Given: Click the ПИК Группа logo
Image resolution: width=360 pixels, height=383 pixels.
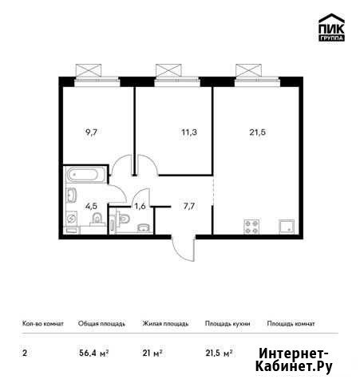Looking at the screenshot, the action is click(x=331, y=27).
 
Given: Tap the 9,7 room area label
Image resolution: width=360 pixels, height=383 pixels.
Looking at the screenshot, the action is click(x=91, y=132).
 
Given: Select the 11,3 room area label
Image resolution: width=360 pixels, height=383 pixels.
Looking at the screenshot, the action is click(x=189, y=132).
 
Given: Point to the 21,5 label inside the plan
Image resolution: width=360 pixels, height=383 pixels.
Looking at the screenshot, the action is click(x=257, y=132).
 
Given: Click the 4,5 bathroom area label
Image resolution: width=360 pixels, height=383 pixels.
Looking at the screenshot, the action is click(x=91, y=206).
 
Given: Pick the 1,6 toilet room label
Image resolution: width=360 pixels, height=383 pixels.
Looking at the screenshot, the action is click(x=140, y=206).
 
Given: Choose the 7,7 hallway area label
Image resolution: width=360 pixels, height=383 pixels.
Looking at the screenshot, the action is click(x=189, y=206).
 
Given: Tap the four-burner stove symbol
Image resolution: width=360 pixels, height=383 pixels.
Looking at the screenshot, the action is click(x=251, y=227).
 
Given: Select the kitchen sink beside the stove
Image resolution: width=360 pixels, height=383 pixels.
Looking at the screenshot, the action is click(x=287, y=227).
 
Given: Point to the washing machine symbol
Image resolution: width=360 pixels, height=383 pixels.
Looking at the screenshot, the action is click(x=72, y=219).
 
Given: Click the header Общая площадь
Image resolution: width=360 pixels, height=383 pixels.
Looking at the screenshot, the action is click(x=101, y=324).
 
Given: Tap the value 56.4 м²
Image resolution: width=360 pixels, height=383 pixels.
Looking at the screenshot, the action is click(x=93, y=353).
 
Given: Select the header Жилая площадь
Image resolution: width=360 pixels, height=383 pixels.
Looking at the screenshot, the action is click(x=165, y=324).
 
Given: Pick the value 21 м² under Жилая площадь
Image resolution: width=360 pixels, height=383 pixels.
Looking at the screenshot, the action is click(x=152, y=353).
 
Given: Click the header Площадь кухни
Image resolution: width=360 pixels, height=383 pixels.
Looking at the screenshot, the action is click(x=227, y=324).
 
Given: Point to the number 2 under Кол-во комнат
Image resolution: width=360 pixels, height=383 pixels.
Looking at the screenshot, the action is click(x=25, y=353).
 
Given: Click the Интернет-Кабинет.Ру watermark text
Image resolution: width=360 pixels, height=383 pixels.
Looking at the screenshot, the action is click(x=294, y=361).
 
